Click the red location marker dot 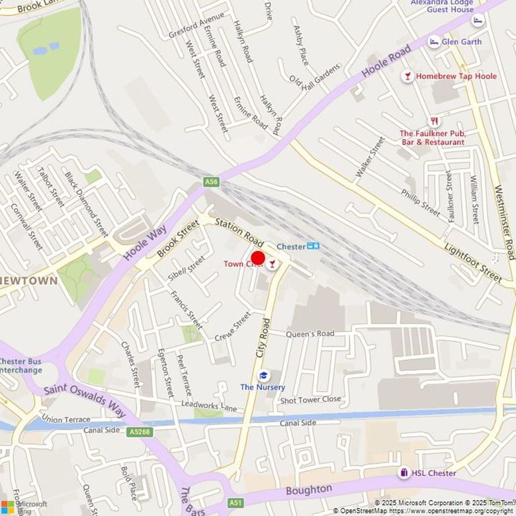[258, 258]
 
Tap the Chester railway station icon [313, 246]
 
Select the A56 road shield [212, 181]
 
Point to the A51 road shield [235, 502]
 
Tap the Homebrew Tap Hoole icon [407, 76]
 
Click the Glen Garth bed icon [434, 41]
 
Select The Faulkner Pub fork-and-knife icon [435, 122]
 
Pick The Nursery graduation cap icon [263, 376]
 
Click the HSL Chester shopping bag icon [404, 473]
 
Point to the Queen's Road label [310, 333]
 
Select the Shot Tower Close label [310, 399]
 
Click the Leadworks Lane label [209, 406]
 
